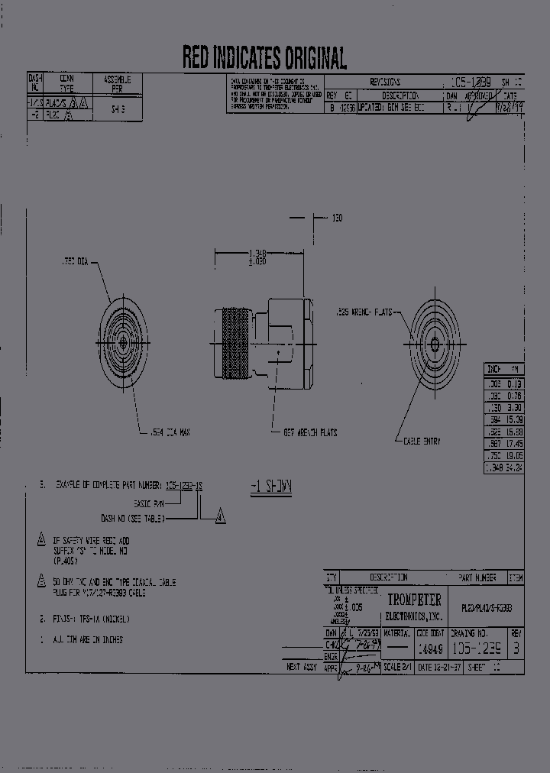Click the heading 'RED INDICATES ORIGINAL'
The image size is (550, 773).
(x=264, y=57)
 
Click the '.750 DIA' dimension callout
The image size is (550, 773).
(x=74, y=262)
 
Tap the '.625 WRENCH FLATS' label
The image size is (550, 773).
(x=364, y=312)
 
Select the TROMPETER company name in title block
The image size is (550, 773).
(x=415, y=600)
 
